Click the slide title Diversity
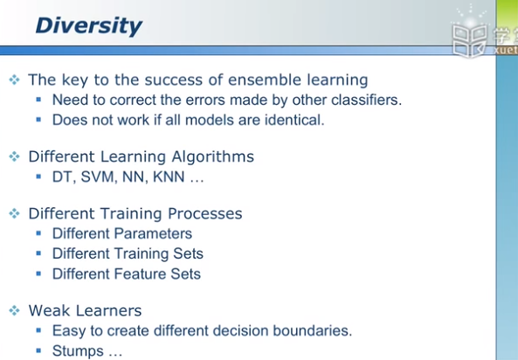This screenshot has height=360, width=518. pyautogui.click(x=89, y=26)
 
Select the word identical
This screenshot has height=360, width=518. pyautogui.click(x=294, y=120)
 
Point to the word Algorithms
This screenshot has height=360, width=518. pyautogui.click(x=213, y=157)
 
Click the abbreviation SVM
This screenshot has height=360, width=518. pyautogui.click(x=100, y=177)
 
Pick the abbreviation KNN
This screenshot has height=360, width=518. pyautogui.click(x=169, y=177)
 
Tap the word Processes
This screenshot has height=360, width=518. pyautogui.click(x=204, y=213)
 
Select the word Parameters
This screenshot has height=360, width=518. pyautogui.click(x=153, y=233)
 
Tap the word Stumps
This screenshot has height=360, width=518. pyautogui.click(x=78, y=350)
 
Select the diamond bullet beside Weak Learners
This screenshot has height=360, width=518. pyautogui.click(x=14, y=310)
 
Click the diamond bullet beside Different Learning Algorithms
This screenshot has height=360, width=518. pyautogui.click(x=14, y=156)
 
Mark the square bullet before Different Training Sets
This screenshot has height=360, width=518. pyautogui.click(x=38, y=253)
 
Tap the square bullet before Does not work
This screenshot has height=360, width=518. pyautogui.click(x=38, y=120)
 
